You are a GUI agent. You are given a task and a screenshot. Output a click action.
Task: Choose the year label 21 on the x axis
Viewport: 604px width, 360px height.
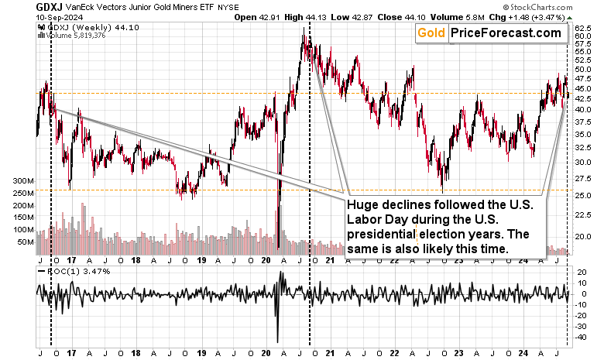coord(330,352)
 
